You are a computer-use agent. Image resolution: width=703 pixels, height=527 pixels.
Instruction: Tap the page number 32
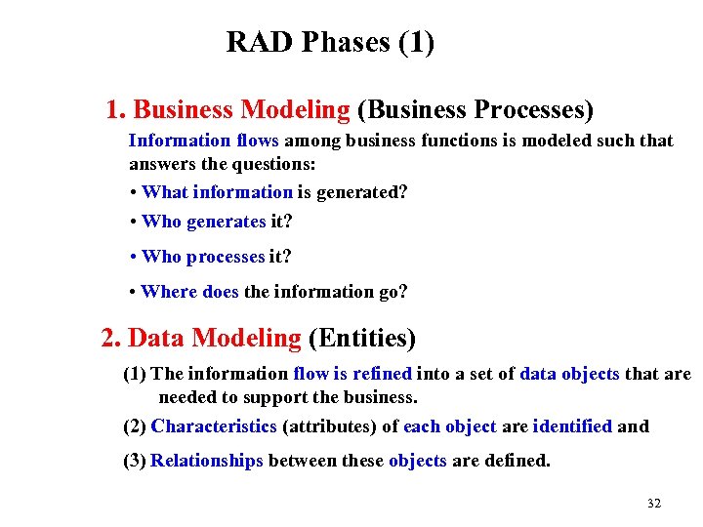point(654,504)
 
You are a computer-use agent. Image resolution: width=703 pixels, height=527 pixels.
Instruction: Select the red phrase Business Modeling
point(241,109)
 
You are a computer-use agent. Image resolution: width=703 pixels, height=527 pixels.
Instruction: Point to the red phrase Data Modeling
point(215,339)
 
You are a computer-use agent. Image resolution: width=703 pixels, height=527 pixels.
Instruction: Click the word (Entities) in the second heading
point(362,339)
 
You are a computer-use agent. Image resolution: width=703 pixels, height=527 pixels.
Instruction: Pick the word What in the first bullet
point(164,192)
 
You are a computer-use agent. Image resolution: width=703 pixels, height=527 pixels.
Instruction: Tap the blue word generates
point(226,222)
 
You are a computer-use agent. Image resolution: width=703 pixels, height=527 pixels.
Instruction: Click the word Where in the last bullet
point(168,292)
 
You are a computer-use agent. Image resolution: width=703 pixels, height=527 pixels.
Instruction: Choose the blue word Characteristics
point(214,426)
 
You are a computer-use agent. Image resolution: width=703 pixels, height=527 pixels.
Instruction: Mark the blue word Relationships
point(207,461)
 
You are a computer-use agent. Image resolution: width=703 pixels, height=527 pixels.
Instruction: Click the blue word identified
point(572,426)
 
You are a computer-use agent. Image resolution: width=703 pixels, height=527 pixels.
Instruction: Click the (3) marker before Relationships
point(135,461)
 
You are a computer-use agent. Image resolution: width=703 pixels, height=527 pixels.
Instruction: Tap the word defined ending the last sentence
point(520,461)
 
